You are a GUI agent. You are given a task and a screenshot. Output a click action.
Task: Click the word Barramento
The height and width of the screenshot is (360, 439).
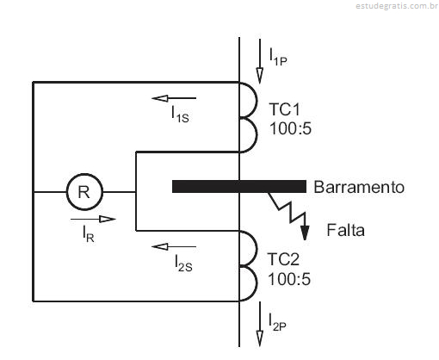pyautogui.click(x=359, y=187)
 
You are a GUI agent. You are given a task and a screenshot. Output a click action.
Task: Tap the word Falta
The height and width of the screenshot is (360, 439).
pyautogui.click(x=346, y=230)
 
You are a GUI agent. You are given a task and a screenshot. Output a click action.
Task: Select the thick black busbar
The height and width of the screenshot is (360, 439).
pyautogui.click(x=239, y=186)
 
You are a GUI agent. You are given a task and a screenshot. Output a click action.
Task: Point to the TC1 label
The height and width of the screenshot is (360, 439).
pyautogui.click(x=284, y=109)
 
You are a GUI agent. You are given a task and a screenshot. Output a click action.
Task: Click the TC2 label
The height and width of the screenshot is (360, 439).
pyautogui.click(x=283, y=259)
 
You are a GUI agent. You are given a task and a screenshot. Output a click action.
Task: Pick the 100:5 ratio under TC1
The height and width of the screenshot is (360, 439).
pyautogui.click(x=290, y=128)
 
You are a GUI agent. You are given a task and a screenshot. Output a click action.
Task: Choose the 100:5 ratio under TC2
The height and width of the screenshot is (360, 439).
pyautogui.click(x=289, y=279)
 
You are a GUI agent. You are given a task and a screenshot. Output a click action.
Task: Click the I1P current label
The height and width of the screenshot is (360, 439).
pyautogui.click(x=278, y=57)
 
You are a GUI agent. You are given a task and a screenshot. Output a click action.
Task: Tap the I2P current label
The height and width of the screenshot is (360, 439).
pyautogui.click(x=277, y=322)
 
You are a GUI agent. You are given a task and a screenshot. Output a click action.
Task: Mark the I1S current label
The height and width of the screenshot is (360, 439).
pyautogui.click(x=180, y=115)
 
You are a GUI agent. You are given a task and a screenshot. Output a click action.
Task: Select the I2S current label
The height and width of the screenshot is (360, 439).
pyautogui.click(x=183, y=263)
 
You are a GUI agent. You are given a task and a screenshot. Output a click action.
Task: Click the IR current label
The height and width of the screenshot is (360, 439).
pyautogui.click(x=89, y=233)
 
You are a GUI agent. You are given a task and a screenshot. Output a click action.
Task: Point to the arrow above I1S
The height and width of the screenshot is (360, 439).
pyautogui.click(x=174, y=98)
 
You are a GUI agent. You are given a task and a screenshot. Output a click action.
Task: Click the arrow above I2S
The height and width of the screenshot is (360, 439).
pyautogui.click(x=174, y=246)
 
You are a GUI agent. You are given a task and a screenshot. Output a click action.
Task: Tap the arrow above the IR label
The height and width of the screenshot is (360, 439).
pyautogui.click(x=93, y=219)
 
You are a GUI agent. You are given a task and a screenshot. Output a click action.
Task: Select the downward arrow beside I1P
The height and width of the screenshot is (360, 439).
pyautogui.click(x=260, y=61)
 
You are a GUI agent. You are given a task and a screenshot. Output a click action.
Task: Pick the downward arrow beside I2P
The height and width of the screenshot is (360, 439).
pyautogui.click(x=260, y=324)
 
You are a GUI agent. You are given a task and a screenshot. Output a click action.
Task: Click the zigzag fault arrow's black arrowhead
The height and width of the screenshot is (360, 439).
pyautogui.click(x=305, y=233)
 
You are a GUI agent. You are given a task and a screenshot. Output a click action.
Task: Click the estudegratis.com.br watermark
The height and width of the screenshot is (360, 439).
pyautogui.click(x=397, y=6)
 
